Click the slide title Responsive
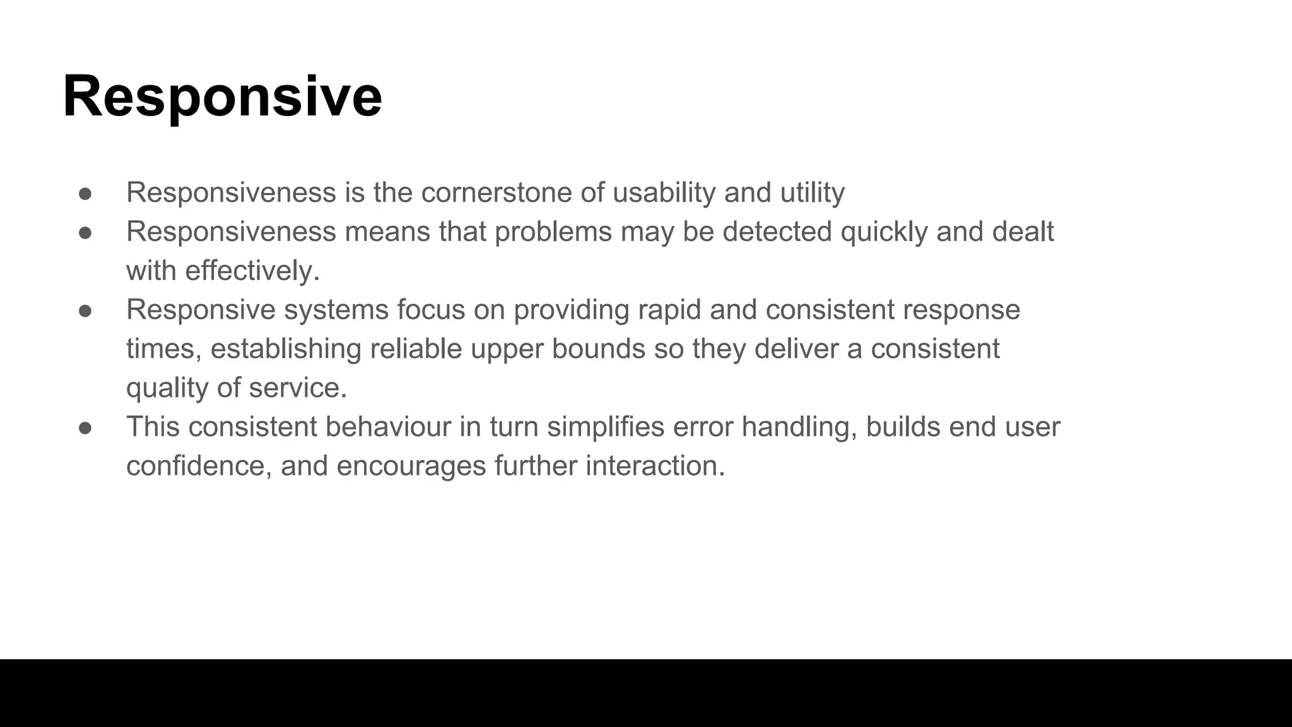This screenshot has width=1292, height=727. (222, 97)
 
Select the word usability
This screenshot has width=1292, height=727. (664, 192)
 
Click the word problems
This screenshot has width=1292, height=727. (553, 232)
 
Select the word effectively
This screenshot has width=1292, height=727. (252, 271)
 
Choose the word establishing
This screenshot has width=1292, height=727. (286, 349)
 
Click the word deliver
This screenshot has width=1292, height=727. (796, 349)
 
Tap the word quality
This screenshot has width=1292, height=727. (167, 388)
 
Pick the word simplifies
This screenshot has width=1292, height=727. (606, 427)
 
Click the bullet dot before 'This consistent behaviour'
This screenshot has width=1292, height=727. (85, 428)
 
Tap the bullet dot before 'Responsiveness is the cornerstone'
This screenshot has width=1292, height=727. (85, 194)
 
